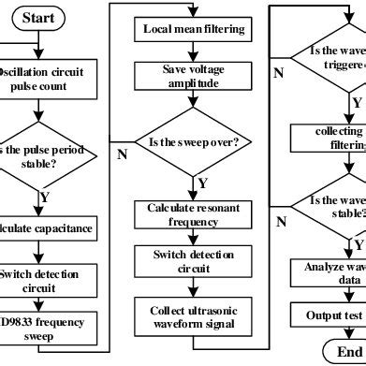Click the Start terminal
point(38,18)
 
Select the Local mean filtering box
point(194,29)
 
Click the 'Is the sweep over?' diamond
point(194,144)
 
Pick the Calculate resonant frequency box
point(194,214)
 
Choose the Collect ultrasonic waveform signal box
point(194,317)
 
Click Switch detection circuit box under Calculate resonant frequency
point(194,263)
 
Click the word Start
point(38,18)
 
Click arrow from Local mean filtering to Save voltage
point(194,52)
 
